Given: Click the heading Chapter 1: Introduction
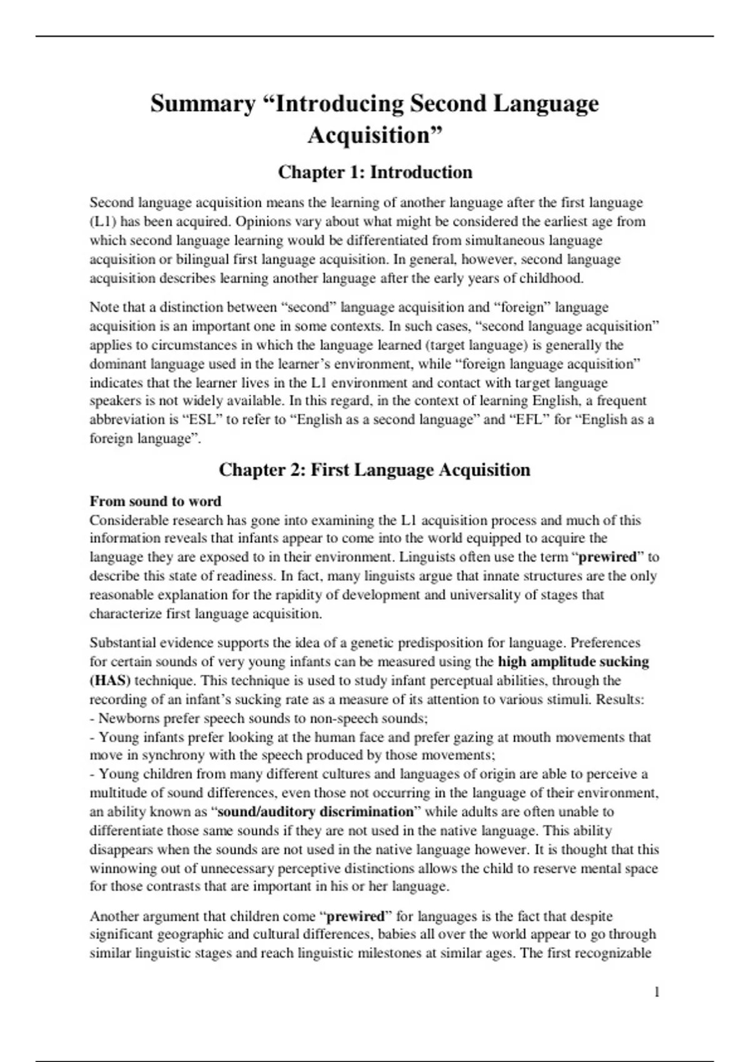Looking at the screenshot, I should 375,172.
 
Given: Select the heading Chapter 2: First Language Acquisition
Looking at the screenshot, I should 374,470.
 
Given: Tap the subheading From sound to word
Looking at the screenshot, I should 155,501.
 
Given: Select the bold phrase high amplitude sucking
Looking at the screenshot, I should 573,662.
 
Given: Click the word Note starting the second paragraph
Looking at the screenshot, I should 104,307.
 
